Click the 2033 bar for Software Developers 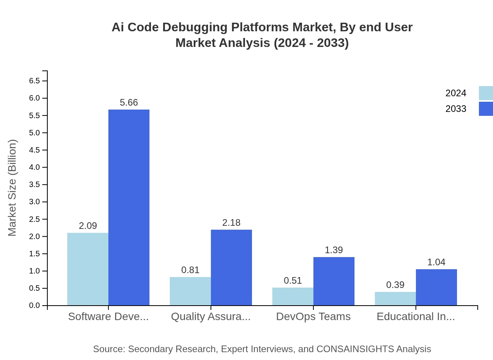[129, 207]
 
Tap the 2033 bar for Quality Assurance [231, 268]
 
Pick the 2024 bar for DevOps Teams [293, 297]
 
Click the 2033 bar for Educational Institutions [436, 287]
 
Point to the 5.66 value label [129, 103]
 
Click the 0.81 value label [190, 270]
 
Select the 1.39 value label [334, 250]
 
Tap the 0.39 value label [395, 285]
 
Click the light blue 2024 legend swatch [486, 93]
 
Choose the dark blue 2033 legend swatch [486, 109]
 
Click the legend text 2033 [456, 109]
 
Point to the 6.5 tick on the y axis [34, 81]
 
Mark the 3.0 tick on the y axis [34, 202]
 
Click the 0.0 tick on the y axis [34, 306]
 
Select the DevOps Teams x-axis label [313, 317]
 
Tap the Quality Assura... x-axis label [211, 317]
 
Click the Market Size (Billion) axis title [13, 188]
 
